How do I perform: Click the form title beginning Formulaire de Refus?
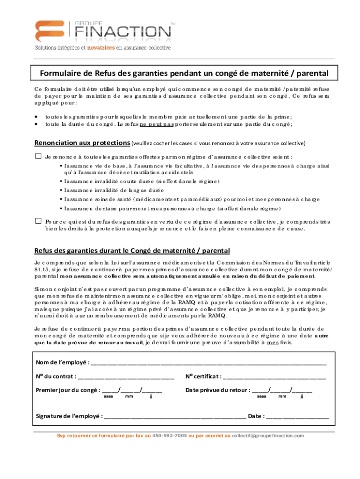click(184, 73)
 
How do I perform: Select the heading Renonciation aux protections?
click(82, 143)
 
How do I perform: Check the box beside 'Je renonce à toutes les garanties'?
click(38, 156)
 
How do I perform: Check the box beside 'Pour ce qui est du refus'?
click(38, 220)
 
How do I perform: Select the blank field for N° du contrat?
click(126, 377)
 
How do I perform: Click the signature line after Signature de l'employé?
click(175, 416)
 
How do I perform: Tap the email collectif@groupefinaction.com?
click(268, 435)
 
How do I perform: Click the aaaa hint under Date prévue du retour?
click(262, 397)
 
